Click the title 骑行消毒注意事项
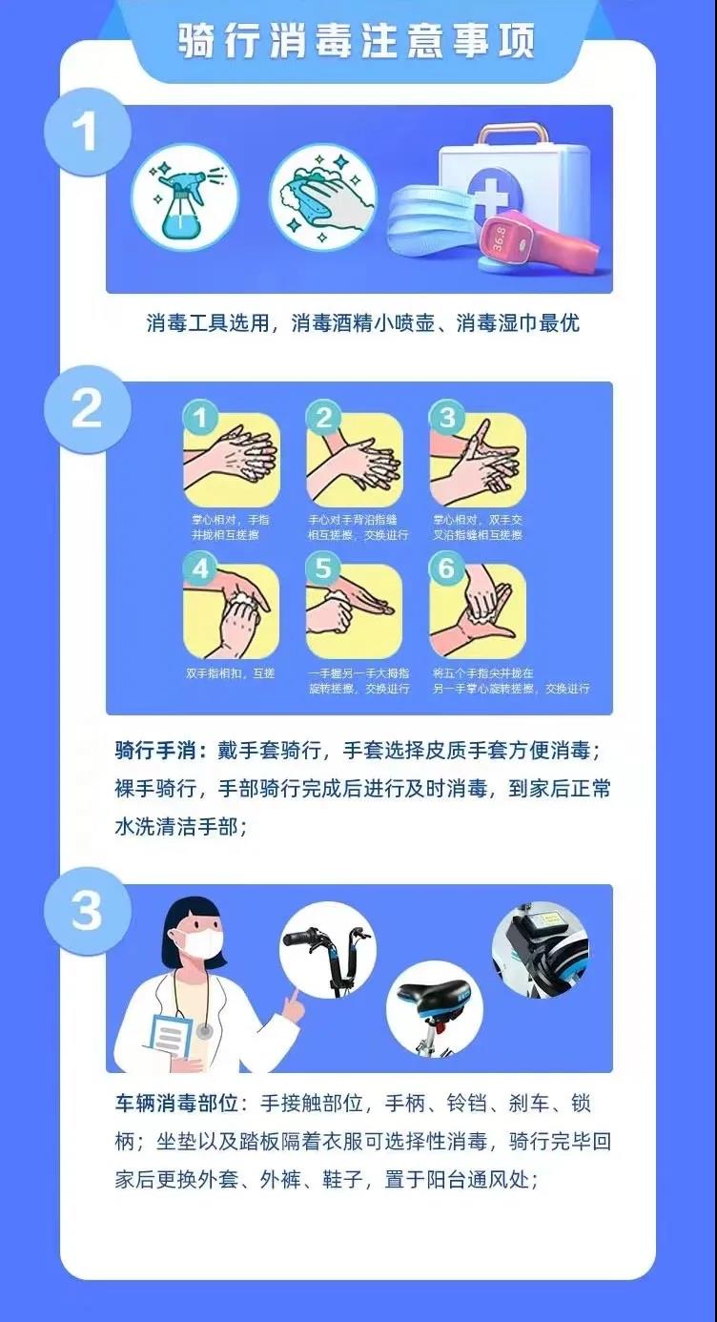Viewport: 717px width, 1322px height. pyautogui.click(x=358, y=41)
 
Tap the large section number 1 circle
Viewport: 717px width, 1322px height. pyautogui.click(x=87, y=133)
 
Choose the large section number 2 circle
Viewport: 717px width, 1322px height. pyautogui.click(x=87, y=407)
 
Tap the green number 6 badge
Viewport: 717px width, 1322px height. pyautogui.click(x=446, y=570)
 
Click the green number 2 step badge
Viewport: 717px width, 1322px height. pyautogui.click(x=323, y=418)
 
